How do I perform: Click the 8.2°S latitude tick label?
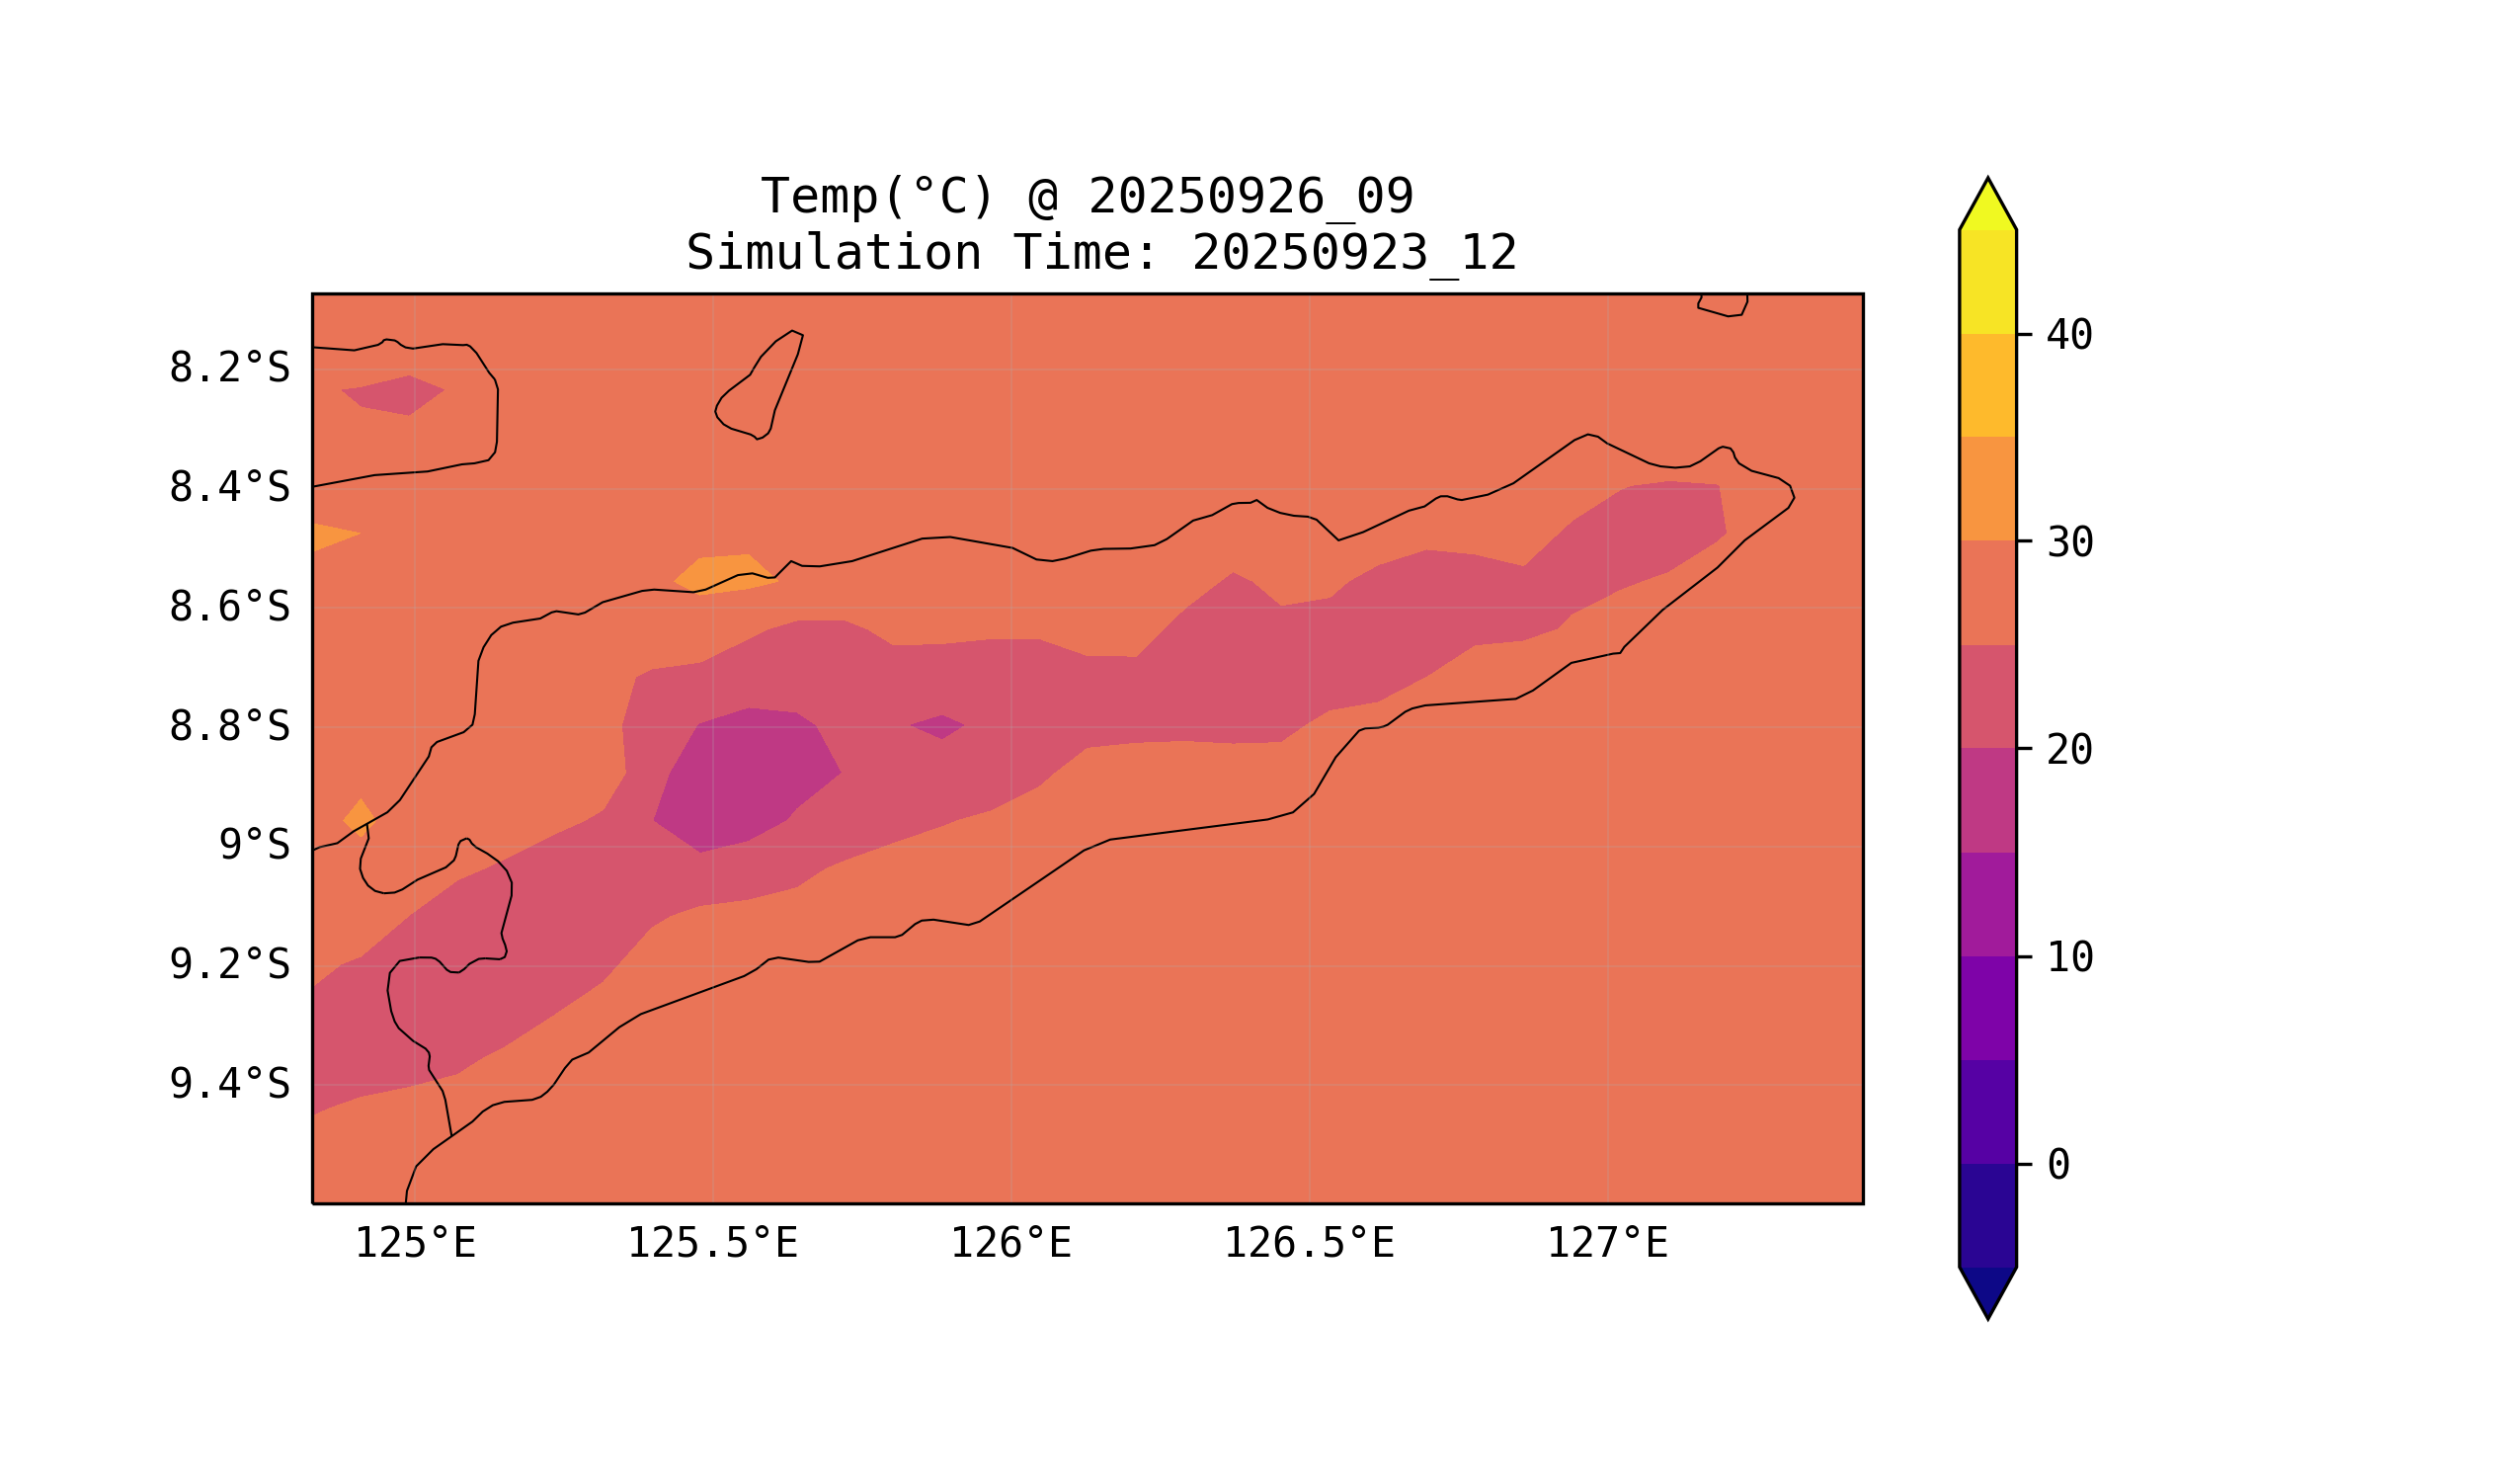tap(228, 369)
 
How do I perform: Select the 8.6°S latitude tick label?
tap(228, 608)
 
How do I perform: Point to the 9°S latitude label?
tap(254, 846)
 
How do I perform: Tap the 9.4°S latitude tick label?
tap(228, 1084)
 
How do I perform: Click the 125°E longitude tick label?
tap(415, 1244)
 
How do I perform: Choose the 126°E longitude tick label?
tap(1010, 1244)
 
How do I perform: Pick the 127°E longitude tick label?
tap(1606, 1244)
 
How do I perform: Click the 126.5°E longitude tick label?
tap(1308, 1244)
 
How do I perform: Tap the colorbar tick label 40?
tap(2068, 336)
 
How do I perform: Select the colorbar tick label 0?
tap(2057, 1165)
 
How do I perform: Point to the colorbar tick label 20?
tap(2068, 750)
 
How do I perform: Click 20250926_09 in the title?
tap(1250, 197)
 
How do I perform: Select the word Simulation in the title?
tap(833, 254)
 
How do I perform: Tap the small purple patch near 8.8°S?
tap(937, 726)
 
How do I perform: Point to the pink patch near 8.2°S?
tap(393, 394)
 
